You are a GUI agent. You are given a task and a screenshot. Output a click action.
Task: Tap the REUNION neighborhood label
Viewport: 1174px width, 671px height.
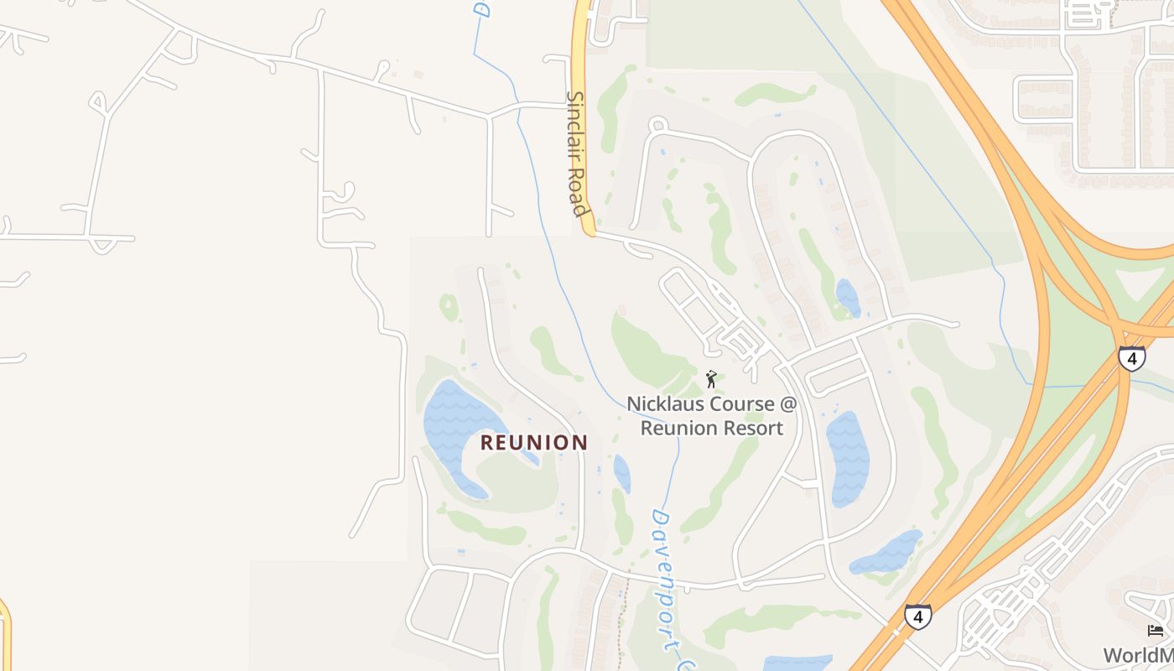534,443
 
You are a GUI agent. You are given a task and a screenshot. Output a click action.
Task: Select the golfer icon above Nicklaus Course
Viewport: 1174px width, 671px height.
711,379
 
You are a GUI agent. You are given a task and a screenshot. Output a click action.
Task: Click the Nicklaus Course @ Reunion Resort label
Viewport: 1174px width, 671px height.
712,415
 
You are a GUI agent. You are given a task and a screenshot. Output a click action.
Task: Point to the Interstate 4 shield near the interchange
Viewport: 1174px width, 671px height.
1131,359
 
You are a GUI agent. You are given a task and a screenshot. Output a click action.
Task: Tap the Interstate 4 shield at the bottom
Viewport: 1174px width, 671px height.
917,617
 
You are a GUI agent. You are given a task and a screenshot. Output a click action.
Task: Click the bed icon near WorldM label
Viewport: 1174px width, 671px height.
1156,631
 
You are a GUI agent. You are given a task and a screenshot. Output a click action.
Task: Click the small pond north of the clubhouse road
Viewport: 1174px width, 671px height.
848,298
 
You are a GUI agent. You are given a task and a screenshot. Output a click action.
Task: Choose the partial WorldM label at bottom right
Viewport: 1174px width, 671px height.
1138,655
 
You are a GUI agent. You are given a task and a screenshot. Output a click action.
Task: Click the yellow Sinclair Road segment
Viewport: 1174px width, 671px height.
581,50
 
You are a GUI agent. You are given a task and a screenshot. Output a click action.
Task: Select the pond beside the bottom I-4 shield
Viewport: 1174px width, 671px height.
886,554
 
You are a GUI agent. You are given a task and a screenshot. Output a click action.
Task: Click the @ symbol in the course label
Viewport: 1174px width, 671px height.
787,403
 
